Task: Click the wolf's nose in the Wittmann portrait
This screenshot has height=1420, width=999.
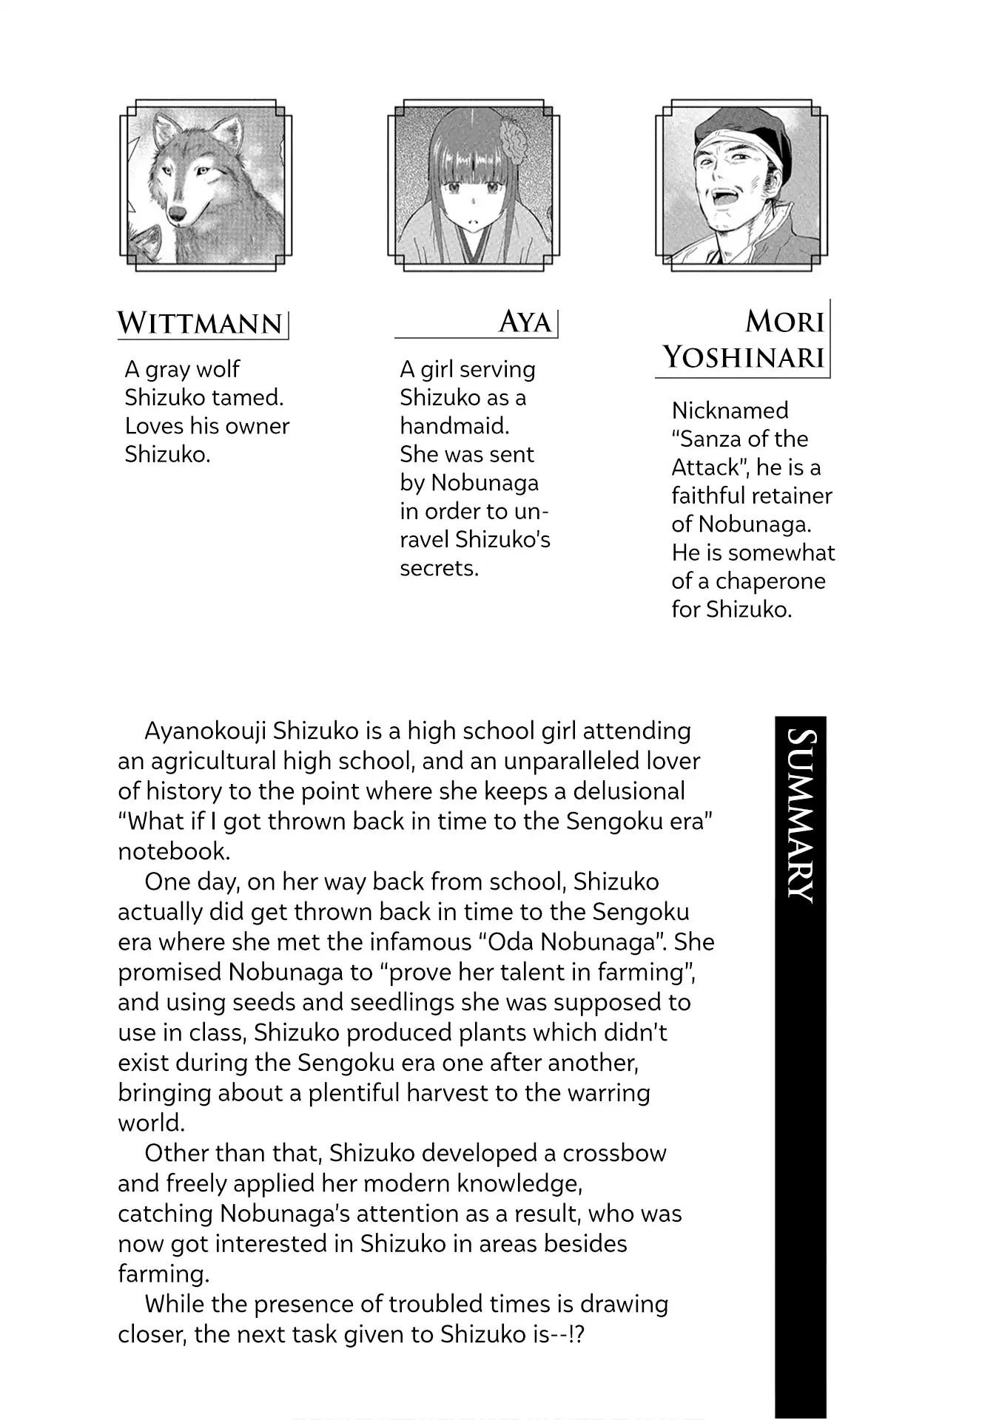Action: tap(178, 214)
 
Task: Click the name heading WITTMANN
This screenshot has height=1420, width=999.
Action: tap(201, 323)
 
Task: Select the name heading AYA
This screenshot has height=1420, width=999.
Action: tap(525, 322)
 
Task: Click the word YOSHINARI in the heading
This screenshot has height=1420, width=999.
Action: tap(743, 357)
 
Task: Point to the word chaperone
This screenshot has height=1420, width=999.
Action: tap(770, 581)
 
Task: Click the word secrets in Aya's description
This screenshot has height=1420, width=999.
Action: tap(439, 568)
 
